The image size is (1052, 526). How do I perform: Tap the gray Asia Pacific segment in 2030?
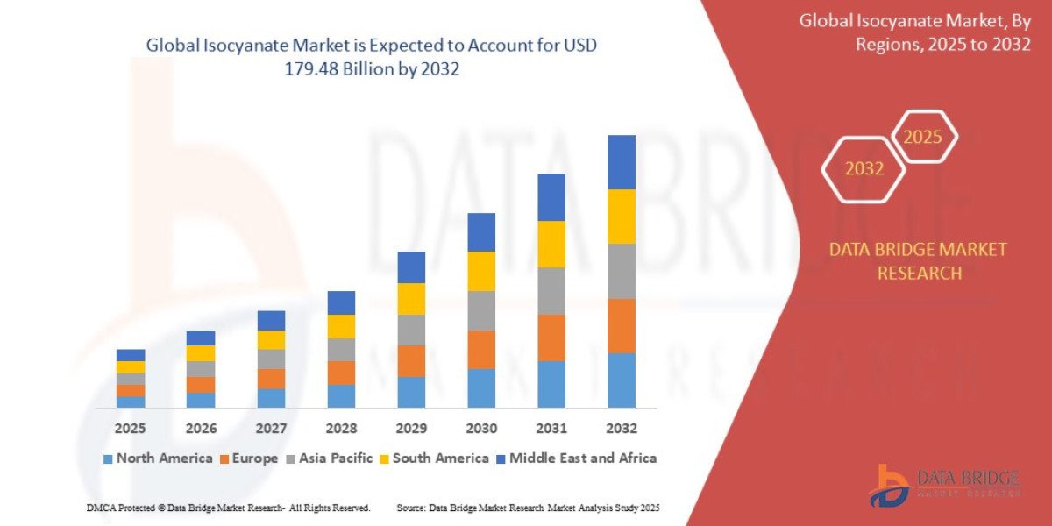tap(481, 310)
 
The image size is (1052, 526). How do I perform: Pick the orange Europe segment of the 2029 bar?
tap(411, 360)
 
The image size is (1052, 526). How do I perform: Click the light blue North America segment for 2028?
tap(341, 395)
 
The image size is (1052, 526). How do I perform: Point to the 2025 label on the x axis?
tap(131, 429)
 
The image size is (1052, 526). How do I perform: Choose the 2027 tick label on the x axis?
tap(271, 429)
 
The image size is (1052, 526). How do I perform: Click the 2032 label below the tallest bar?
tap(621, 429)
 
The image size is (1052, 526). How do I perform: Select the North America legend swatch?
tap(108, 458)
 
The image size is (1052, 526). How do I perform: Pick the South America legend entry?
tap(440, 458)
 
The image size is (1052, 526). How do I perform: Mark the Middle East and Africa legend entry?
tap(582, 458)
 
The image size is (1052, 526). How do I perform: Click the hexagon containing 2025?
tap(922, 138)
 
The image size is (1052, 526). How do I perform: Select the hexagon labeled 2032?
tap(864, 169)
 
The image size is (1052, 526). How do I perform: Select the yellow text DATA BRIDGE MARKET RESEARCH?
tap(918, 261)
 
